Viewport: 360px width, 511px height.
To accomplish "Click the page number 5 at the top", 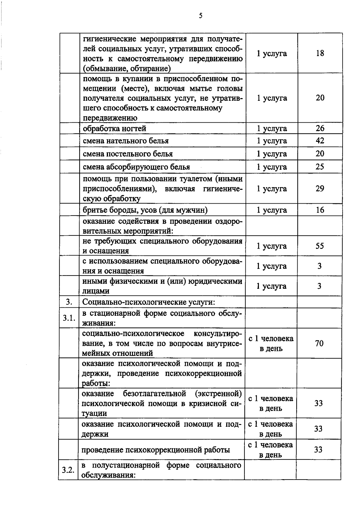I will coord(200,16).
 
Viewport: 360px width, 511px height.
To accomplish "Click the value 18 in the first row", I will coord(320,53).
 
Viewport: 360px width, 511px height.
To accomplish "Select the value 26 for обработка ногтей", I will coord(320,128).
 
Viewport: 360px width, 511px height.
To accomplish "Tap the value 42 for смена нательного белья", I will coord(320,141).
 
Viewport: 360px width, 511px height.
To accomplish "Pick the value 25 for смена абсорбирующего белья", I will coord(320,167).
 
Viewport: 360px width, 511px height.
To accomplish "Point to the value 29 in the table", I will coord(320,189).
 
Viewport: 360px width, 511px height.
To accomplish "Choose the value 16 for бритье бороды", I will coord(320,210).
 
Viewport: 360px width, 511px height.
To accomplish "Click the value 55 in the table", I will coord(320,246).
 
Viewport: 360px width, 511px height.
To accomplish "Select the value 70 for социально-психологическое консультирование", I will coord(319,343).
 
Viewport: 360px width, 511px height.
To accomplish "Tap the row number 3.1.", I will coord(69,318).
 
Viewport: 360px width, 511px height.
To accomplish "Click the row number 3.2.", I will coord(68,470).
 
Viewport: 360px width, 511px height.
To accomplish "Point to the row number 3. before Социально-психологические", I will coord(69,302).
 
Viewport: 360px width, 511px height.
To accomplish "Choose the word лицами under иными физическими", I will coord(96,291).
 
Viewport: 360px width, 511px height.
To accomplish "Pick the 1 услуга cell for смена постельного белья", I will coord(272,154).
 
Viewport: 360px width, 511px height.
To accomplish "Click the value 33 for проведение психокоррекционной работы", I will coord(318,450).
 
